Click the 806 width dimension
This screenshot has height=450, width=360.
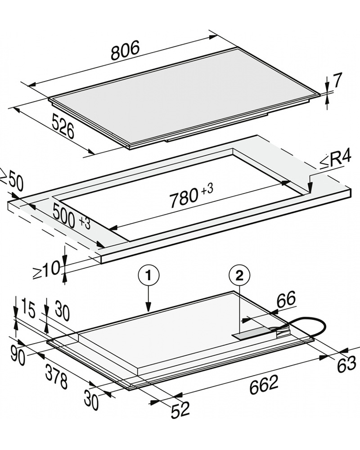[x=125, y=50]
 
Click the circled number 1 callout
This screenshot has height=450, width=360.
[x=148, y=276]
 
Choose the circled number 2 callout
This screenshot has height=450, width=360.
[x=239, y=276]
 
